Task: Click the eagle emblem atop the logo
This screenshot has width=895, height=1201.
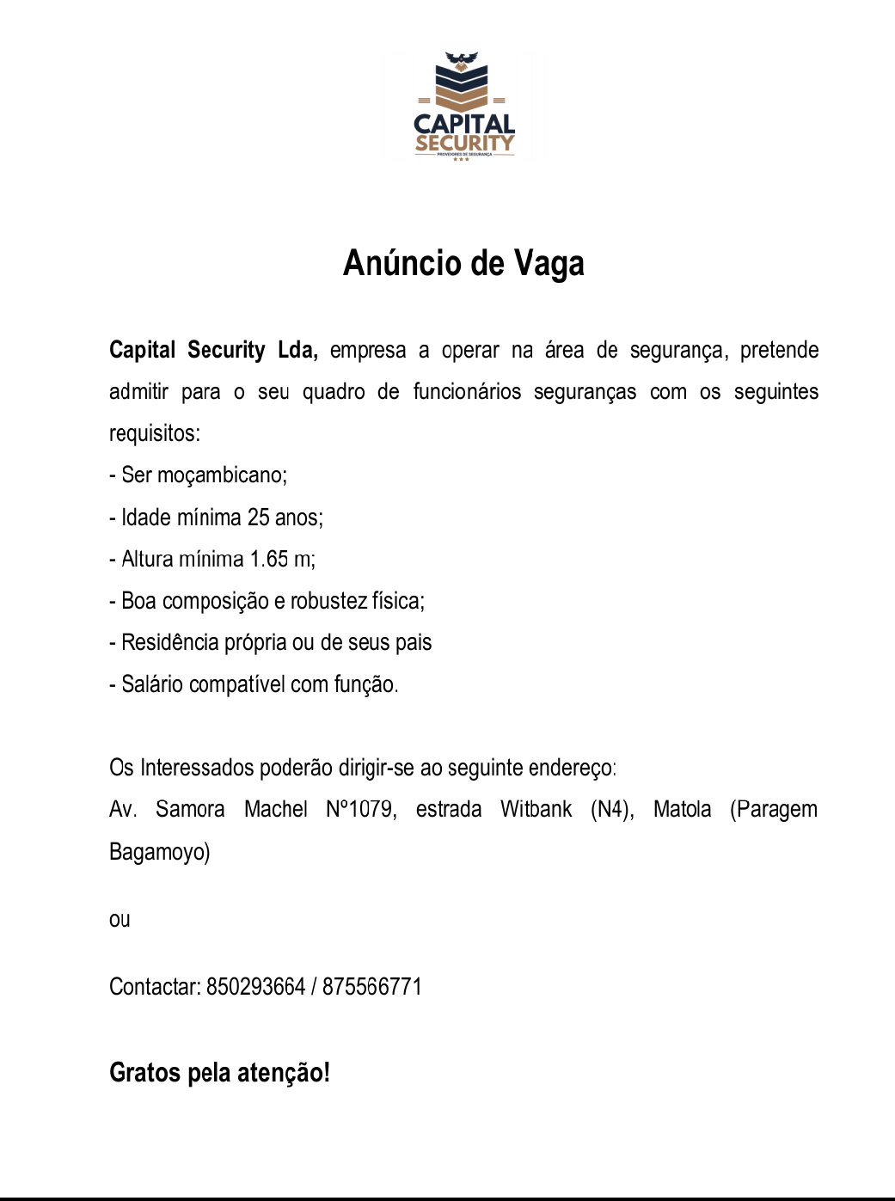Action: (462, 60)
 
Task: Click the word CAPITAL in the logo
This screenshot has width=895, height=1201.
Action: (464, 125)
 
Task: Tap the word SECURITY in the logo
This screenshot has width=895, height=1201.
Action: (464, 143)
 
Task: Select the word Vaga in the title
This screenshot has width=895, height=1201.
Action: (549, 263)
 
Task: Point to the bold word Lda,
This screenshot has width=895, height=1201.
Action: (297, 350)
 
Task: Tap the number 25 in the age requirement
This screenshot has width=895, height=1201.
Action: (258, 518)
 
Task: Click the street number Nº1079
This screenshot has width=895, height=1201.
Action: (361, 810)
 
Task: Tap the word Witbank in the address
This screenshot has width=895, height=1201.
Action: (536, 810)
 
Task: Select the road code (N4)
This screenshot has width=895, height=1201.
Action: (612, 810)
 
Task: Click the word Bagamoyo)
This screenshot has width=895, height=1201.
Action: (160, 852)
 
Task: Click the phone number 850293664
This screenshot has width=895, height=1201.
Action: (255, 987)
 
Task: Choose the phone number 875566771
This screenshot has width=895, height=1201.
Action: (372, 987)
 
